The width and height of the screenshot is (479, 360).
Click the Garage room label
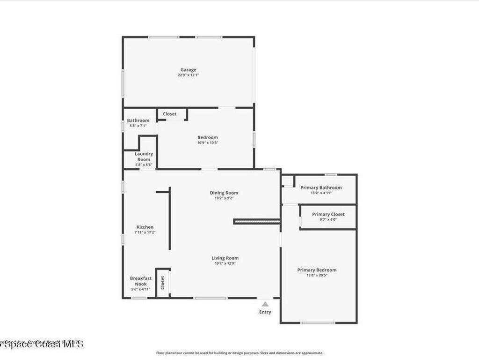[x=189, y=70]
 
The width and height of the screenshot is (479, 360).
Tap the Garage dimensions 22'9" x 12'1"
[x=189, y=75]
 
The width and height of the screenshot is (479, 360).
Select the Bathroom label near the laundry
[x=138, y=120]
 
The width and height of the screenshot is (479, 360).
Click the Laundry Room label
[x=144, y=157]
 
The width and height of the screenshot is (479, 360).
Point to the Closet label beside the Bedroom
[x=170, y=114]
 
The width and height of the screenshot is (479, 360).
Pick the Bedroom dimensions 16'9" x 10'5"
[x=208, y=142]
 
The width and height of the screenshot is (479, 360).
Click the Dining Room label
[x=224, y=193]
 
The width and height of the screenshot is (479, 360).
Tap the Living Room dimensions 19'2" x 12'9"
[x=225, y=263]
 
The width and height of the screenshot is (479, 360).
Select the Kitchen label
[x=145, y=227]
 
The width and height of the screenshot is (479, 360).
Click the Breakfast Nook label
[x=141, y=281]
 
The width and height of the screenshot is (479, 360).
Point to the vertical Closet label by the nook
[x=163, y=282]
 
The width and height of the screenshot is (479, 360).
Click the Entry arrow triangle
[x=265, y=304]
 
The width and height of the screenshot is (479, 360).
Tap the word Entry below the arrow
[x=265, y=312]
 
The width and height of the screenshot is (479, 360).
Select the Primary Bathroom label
[x=321, y=187]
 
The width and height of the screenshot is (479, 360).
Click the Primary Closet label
[x=328, y=214]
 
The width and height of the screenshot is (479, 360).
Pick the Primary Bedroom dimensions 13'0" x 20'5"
[x=317, y=275]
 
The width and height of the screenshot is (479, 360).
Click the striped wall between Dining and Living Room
[x=257, y=221]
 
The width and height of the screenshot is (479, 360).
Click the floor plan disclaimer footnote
[x=239, y=353]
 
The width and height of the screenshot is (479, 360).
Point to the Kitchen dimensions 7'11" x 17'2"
[x=145, y=232]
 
